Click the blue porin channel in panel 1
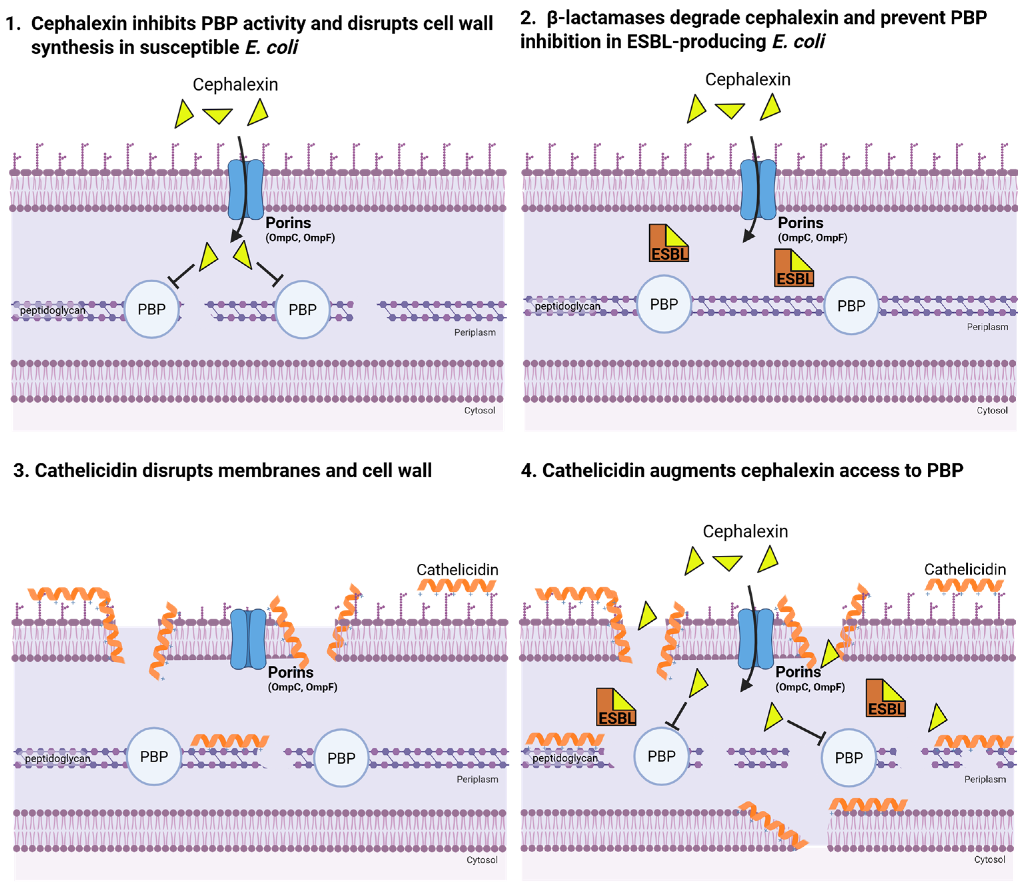[246, 190]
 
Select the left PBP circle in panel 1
[152, 309]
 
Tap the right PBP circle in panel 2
[851, 306]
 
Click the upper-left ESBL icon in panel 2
[668, 243]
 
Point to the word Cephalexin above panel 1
[235, 85]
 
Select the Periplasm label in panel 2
[987, 327]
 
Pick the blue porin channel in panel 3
[248, 639]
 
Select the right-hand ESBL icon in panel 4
[885, 698]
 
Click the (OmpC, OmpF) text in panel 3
[302, 687]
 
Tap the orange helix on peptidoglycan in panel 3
[229, 741]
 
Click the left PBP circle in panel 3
[154, 756]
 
